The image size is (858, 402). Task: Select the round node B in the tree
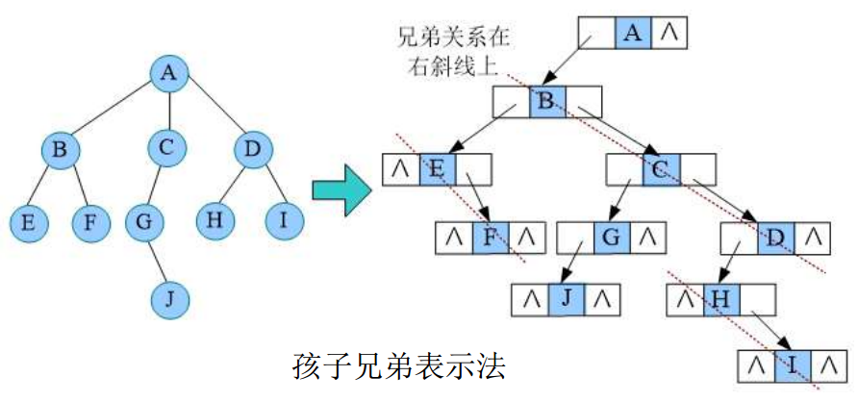60,150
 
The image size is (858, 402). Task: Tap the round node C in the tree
166,148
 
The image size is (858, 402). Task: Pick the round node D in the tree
253,149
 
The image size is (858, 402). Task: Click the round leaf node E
28,223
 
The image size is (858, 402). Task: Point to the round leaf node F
90,223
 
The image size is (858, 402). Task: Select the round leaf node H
214,219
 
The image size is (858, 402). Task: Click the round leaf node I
284,220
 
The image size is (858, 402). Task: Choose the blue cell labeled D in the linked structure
775,237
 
